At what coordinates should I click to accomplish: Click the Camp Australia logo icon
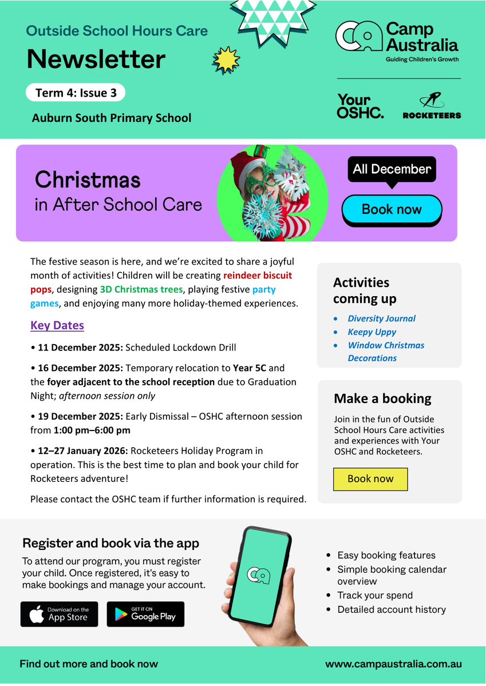click(x=358, y=37)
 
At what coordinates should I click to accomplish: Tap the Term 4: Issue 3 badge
click(x=75, y=93)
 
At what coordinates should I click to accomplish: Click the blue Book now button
click(x=392, y=209)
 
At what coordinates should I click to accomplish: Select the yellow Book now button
click(x=370, y=479)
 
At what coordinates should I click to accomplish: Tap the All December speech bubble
click(x=392, y=170)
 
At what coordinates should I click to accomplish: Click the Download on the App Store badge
click(x=59, y=614)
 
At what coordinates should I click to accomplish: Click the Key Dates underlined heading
click(x=57, y=325)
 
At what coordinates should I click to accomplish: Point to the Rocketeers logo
click(x=432, y=107)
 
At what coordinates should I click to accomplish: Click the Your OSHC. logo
click(x=360, y=107)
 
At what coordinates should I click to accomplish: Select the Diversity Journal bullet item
click(x=381, y=318)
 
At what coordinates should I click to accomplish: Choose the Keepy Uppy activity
click(x=372, y=332)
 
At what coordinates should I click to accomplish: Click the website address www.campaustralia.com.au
click(x=393, y=664)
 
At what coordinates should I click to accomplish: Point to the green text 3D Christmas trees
click(x=141, y=289)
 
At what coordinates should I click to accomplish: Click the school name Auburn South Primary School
click(x=112, y=118)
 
